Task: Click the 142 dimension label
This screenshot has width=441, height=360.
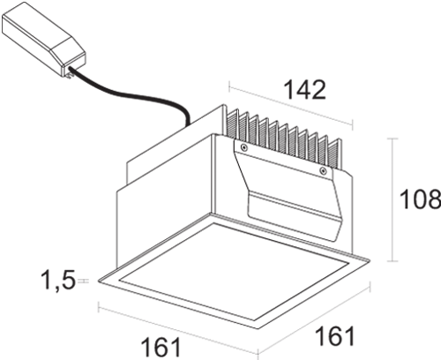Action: click(306, 89)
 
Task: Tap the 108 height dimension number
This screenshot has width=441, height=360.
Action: click(421, 199)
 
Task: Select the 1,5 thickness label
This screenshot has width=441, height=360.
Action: click(59, 280)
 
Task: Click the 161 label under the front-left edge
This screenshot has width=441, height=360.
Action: click(161, 348)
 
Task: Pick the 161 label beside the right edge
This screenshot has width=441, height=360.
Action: click(335, 335)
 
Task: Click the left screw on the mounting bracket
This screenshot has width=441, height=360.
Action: click(243, 147)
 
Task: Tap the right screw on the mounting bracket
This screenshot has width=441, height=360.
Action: click(324, 170)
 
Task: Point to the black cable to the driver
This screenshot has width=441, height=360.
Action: click(132, 94)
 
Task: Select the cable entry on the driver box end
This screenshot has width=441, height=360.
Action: click(70, 71)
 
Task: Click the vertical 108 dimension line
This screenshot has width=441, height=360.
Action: click(392, 199)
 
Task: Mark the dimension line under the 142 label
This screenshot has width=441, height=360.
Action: click(291, 106)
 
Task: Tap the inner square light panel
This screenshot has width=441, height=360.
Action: click(234, 271)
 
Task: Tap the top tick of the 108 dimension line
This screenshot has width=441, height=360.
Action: click(392, 139)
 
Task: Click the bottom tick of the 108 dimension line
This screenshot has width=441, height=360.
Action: click(392, 261)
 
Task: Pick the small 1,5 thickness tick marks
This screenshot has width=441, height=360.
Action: click(84, 281)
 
